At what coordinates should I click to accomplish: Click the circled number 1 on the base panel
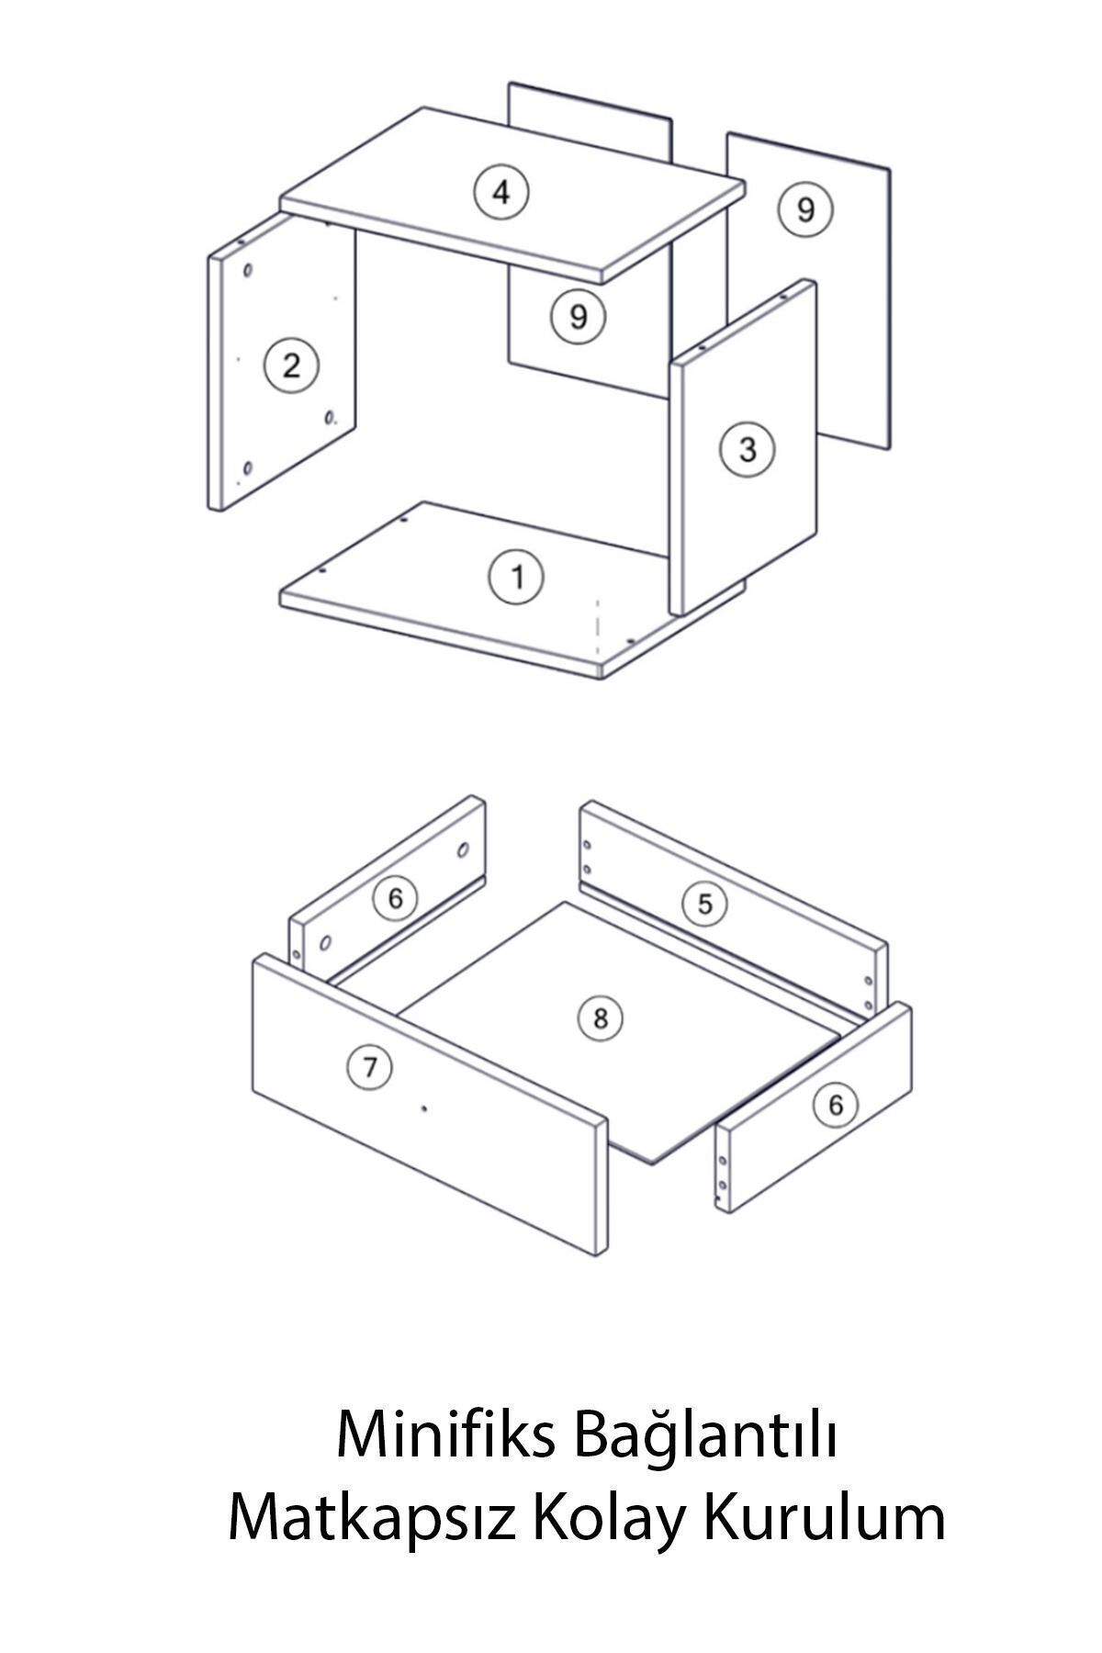point(516,577)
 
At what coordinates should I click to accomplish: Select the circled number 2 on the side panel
point(291,365)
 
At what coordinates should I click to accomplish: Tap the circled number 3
point(748,449)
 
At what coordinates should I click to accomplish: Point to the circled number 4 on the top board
point(501,192)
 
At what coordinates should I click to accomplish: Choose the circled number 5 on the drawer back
point(704,904)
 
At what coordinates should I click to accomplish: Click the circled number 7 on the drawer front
point(370,1066)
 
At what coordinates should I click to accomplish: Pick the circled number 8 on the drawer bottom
point(601,1018)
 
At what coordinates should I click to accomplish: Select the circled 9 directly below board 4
point(578,316)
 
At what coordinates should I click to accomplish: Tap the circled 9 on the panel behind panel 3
point(805,209)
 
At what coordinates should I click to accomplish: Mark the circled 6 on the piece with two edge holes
point(835,1104)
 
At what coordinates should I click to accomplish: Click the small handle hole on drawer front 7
point(423,1109)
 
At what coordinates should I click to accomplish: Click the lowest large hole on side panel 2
point(246,471)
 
